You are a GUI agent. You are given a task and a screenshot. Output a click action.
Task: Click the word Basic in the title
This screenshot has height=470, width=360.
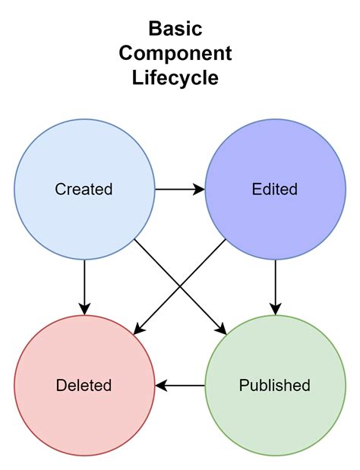click(175, 30)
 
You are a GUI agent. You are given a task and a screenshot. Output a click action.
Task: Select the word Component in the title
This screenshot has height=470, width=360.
click(175, 54)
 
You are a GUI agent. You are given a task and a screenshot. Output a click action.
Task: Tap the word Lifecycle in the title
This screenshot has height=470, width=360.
click(175, 78)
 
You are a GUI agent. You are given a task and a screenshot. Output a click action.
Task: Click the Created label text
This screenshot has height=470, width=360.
click(84, 189)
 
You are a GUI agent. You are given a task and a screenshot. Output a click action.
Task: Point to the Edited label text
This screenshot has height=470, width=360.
click(274, 189)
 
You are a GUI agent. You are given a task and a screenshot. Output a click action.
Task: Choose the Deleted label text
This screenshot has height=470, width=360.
click(84, 385)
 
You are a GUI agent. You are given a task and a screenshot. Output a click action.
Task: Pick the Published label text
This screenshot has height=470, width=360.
click(274, 385)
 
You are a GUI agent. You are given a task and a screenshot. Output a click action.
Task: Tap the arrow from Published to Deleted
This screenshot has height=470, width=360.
click(182, 385)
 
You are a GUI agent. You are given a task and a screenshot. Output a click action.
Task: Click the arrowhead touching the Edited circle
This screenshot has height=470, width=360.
click(200, 189)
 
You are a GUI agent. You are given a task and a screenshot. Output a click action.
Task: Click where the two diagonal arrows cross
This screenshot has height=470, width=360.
click(180, 285)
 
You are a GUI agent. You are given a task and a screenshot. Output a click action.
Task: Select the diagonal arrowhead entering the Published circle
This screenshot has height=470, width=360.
click(222, 330)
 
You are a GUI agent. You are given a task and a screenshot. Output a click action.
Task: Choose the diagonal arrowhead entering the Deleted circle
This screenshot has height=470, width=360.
click(137, 329)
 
